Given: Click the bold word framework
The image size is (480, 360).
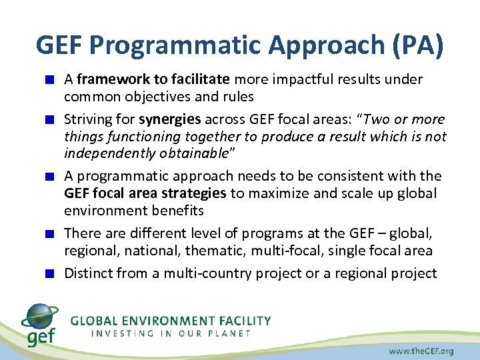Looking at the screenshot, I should tap(106, 79).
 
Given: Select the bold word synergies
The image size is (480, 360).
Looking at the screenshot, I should tap(170, 119).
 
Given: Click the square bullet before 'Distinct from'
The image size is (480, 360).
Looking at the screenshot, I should tap(50, 273).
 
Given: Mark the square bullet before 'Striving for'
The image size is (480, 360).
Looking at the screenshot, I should tap(50, 120).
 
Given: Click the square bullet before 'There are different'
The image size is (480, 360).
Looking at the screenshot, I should tap(50, 234).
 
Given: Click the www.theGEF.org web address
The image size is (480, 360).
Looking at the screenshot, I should tap(421, 350).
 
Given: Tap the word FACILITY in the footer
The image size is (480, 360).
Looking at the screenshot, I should tap(243, 321).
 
